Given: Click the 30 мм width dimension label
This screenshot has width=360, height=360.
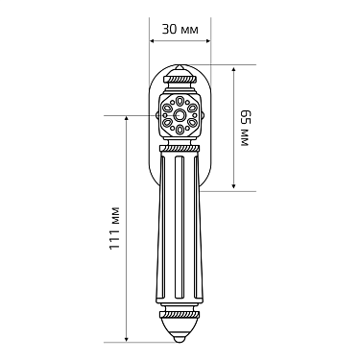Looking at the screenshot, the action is [180, 30].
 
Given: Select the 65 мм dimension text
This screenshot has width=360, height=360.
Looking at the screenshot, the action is [245, 128].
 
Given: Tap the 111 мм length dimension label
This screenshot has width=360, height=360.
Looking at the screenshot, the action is [114, 228].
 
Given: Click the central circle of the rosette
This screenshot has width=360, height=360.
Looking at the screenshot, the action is [180, 115].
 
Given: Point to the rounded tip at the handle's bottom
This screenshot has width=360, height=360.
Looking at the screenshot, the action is [180, 339].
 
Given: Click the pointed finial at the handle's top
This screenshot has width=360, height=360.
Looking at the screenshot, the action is [180, 68].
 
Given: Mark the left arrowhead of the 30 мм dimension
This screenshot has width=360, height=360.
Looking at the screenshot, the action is [153, 41].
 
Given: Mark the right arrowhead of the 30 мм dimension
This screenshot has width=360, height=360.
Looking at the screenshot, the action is [208, 41].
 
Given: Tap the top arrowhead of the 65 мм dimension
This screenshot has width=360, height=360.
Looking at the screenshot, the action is [234, 70].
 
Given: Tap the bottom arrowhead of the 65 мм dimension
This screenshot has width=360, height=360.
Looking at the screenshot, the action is [234, 185].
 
